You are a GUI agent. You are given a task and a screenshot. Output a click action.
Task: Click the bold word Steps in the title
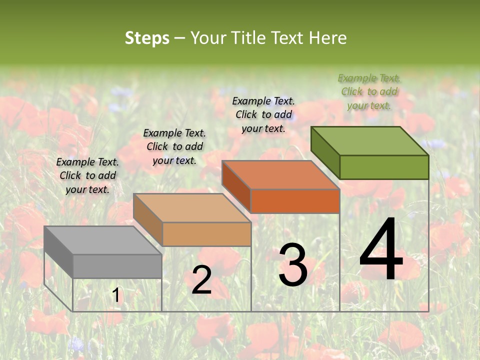point(147,38)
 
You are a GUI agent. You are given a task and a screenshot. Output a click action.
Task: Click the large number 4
point(381,249)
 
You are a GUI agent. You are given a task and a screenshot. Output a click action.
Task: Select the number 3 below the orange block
point(293,264)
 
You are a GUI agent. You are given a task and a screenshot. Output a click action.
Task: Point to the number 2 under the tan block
point(201,280)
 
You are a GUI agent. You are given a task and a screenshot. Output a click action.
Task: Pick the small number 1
point(116,295)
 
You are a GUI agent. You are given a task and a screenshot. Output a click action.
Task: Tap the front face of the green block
point(384,167)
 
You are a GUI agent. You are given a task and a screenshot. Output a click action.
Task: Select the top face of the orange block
point(280,174)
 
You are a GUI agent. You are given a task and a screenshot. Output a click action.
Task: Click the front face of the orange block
point(295,201)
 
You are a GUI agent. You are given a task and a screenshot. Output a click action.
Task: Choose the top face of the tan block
point(192,207)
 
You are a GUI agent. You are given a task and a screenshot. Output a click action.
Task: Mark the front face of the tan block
point(206,234)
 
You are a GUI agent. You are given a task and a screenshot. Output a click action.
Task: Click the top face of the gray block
point(102,240)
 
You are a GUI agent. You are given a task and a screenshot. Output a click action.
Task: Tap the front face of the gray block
point(117,266)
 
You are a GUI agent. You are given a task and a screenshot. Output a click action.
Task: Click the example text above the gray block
point(87,175)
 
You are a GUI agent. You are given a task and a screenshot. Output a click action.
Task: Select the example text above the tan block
point(174,146)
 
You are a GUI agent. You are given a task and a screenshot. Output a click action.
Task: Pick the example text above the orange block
point(263,114)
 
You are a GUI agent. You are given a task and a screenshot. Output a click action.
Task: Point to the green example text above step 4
point(369,91)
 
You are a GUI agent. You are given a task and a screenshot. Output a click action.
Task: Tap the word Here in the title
point(327,38)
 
